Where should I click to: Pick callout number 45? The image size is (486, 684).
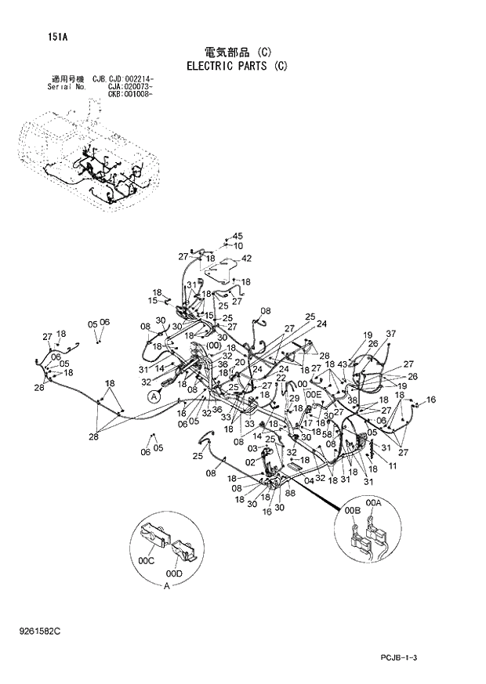pos(238,236)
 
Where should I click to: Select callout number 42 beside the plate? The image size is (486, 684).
pos(246,258)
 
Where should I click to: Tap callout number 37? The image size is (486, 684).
pos(390,334)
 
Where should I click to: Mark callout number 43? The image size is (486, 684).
pos(342,364)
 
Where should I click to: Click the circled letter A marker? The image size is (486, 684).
pos(154,397)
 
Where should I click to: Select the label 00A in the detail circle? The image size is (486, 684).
pos(373,502)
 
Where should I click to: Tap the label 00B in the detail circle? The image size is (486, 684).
pos(351,510)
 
